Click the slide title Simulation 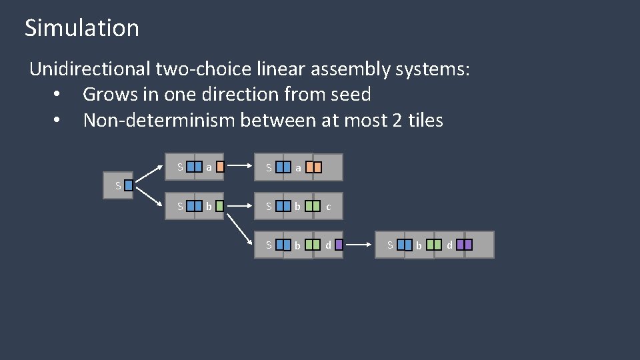(x=81, y=28)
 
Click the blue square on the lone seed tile (x=128, y=186)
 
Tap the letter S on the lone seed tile (x=117, y=186)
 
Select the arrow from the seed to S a (x=152, y=175)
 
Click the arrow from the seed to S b (x=152, y=195)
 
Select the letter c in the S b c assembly (x=329, y=208)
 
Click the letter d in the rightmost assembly (x=449, y=245)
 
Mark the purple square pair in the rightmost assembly (x=465, y=245)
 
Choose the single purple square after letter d (x=339, y=245)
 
